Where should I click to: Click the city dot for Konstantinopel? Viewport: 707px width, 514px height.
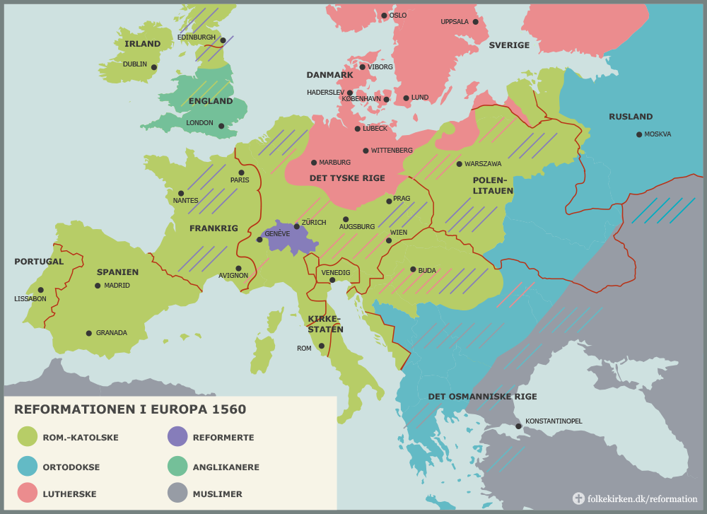[x=519, y=426]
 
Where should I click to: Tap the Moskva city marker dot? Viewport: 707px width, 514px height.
[x=639, y=134]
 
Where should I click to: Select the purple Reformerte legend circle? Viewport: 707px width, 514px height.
[x=177, y=437]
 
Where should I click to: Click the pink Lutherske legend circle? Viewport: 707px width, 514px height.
[x=28, y=493]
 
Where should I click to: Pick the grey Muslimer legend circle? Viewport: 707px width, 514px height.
[x=177, y=493]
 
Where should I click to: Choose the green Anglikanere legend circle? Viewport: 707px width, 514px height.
[x=177, y=467]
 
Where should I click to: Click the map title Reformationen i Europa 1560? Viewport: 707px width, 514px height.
[x=130, y=409]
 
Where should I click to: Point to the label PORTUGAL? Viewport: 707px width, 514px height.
[x=39, y=262]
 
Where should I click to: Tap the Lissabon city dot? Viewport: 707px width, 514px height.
[x=41, y=290]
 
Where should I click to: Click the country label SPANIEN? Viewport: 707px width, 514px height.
[x=117, y=272]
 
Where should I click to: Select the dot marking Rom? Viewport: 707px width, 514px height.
[x=322, y=346]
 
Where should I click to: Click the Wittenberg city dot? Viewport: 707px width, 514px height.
[x=366, y=151]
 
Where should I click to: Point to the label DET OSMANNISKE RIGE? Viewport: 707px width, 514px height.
[x=482, y=397]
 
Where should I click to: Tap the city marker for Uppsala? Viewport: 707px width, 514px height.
[x=476, y=22]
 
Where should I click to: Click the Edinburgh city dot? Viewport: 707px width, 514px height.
[x=223, y=40]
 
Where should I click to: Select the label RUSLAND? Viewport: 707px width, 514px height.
[x=631, y=117]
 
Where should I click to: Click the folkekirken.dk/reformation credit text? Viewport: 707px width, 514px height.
[x=643, y=498]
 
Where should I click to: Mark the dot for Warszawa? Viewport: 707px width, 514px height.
[x=459, y=164]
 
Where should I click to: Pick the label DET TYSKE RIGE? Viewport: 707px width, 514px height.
[x=347, y=178]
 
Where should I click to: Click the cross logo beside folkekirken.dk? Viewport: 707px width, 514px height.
[x=578, y=498]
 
